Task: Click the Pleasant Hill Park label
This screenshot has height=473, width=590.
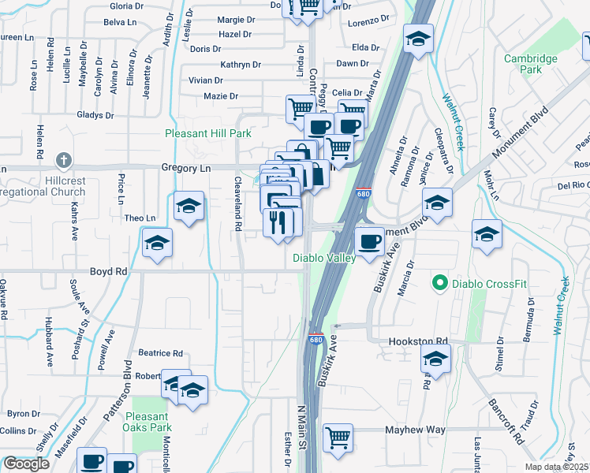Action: (208, 134)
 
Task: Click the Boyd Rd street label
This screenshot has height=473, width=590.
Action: (109, 271)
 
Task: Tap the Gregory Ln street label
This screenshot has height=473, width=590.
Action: (186, 168)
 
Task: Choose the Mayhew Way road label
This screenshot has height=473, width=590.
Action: (415, 430)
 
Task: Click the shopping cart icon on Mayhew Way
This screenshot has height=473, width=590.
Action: (338, 437)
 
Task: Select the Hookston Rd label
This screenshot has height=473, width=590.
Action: (418, 341)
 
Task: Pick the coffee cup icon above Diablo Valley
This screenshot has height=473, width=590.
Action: (368, 240)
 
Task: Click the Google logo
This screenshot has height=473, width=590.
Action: (27, 464)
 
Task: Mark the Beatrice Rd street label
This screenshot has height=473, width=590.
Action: (161, 353)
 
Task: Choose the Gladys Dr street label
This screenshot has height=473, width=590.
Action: (95, 115)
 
